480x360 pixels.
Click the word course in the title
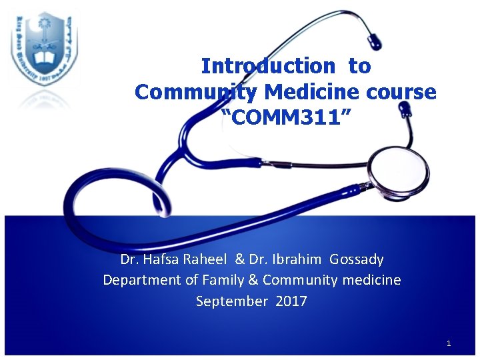click(x=403, y=91)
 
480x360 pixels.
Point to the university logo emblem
click(x=44, y=48)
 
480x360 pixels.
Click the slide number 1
click(x=449, y=343)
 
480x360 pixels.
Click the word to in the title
click(x=359, y=66)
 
